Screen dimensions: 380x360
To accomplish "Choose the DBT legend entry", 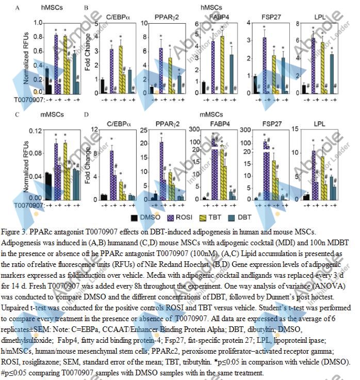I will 246,218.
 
